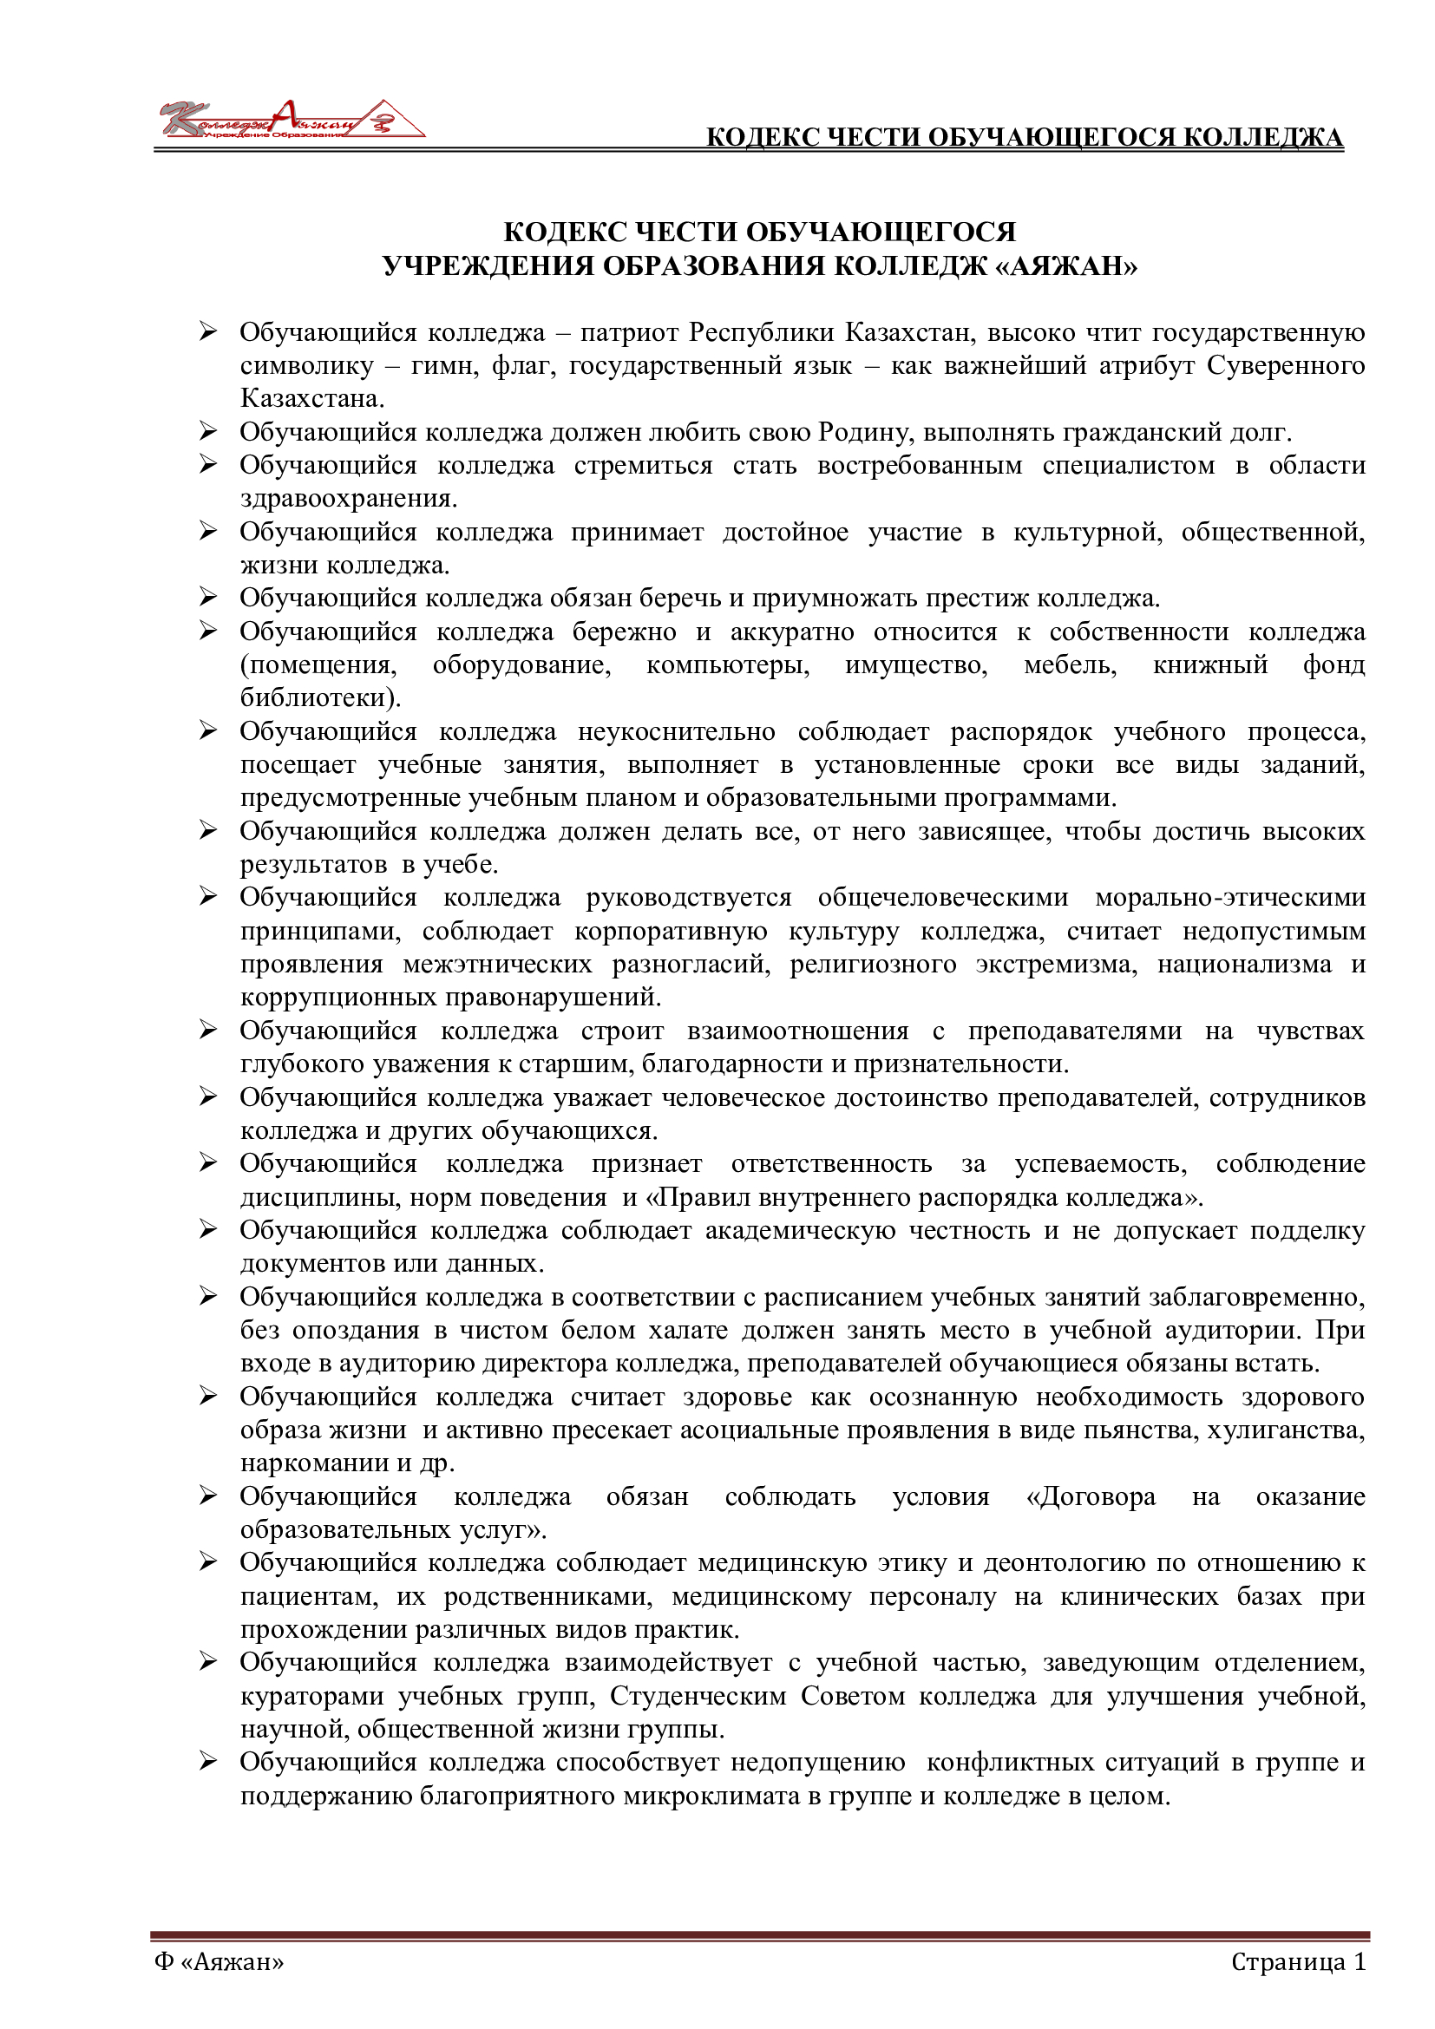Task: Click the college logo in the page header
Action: point(292,121)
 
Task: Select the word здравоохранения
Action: point(348,499)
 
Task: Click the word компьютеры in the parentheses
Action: point(727,664)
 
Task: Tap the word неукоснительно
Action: point(676,732)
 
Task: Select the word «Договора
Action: point(1091,1497)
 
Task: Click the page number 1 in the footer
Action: point(1359,1962)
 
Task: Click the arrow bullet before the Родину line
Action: point(207,431)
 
